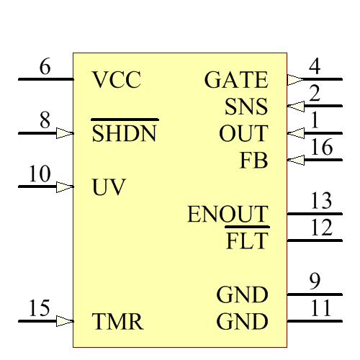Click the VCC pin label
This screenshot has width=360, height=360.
pyautogui.click(x=117, y=80)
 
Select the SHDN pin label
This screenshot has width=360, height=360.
pyautogui.click(x=125, y=134)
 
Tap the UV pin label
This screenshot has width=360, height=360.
pyautogui.click(x=109, y=188)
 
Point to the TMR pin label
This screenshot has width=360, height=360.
pyautogui.click(x=118, y=322)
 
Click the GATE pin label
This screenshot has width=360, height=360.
pyautogui.click(x=236, y=80)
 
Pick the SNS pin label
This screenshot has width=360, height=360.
pyautogui.click(x=246, y=107)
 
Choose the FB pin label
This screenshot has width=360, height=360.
pyautogui.click(x=253, y=161)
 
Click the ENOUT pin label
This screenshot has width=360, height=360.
pyautogui.click(x=228, y=215)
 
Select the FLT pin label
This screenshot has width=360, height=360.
pyautogui.click(x=247, y=240)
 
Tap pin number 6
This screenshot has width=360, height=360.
pyautogui.click(x=45, y=68)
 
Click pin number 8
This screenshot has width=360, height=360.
pyautogui.click(x=45, y=122)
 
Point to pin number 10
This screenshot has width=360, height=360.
pyautogui.click(x=40, y=175)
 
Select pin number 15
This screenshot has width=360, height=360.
pyautogui.click(x=40, y=309)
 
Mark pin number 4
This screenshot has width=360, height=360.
pyautogui.click(x=315, y=67)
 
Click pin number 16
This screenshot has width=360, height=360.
pyautogui.click(x=322, y=148)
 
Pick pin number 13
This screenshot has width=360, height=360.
pyautogui.click(x=321, y=202)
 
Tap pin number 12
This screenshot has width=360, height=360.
pyautogui.click(x=321, y=228)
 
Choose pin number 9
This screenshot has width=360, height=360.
pyautogui.click(x=315, y=282)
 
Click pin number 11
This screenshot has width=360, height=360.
pyautogui.click(x=321, y=309)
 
